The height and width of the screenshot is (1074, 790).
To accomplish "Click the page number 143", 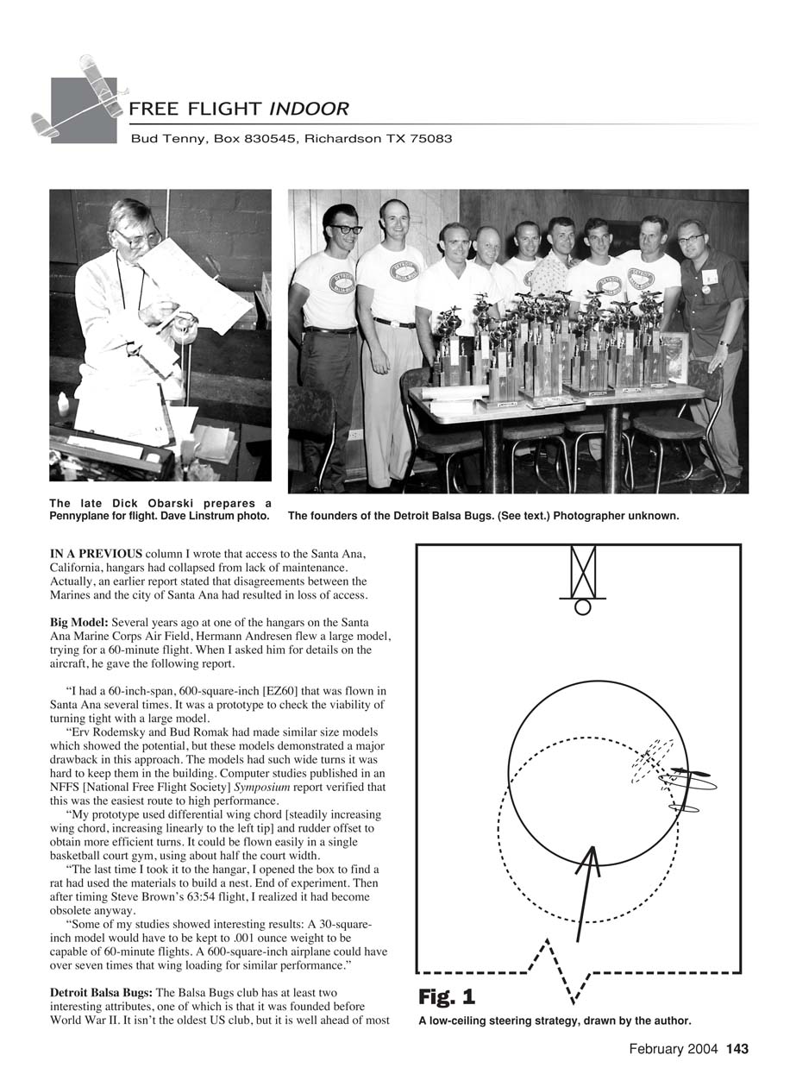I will click(737, 1049).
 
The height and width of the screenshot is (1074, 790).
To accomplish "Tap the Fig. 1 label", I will click(447, 997).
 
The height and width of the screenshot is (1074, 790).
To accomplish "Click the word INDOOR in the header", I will click(309, 109).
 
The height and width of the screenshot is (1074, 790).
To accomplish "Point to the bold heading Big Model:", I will click(78, 620).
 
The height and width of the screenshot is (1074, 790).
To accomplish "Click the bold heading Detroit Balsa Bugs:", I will click(100, 993).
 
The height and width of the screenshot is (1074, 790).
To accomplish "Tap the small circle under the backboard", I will click(583, 607).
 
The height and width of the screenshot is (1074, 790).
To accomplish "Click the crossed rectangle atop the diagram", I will click(583, 569).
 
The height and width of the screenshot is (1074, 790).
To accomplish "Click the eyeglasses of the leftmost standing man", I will click(344, 229).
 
